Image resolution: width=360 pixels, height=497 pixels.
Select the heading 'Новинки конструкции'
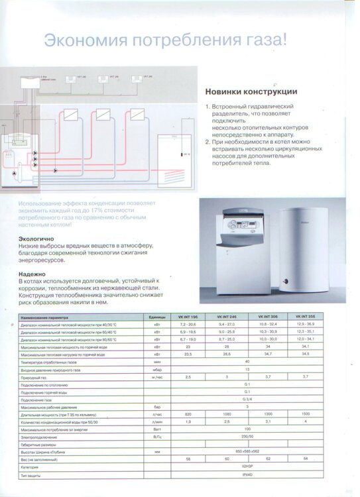[251, 91]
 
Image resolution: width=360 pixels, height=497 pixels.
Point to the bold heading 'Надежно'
[32, 273]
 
